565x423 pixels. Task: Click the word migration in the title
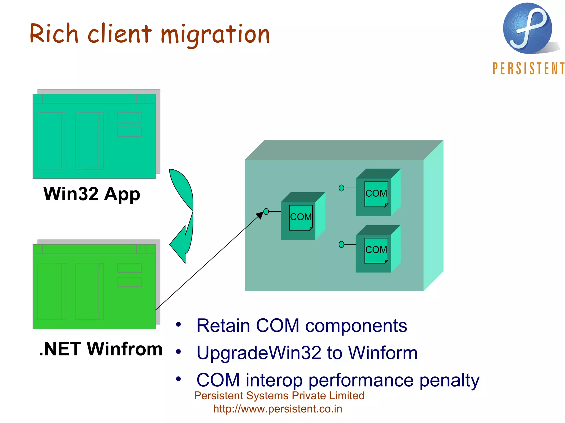215,34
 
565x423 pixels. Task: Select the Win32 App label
92,194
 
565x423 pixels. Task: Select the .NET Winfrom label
101,349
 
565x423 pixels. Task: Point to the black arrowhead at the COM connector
260,215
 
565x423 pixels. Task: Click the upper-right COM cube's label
376,193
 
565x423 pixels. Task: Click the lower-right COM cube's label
376,250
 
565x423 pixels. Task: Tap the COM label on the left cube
301,217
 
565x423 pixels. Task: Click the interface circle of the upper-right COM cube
341,188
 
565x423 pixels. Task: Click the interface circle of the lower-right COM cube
341,244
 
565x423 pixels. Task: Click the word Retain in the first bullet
223,326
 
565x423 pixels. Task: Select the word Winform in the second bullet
383,353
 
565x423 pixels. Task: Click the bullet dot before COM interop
178,379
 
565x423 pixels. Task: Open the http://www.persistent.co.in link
278,409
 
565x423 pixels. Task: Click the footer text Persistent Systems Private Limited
279,396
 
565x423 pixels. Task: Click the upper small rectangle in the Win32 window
129,118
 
